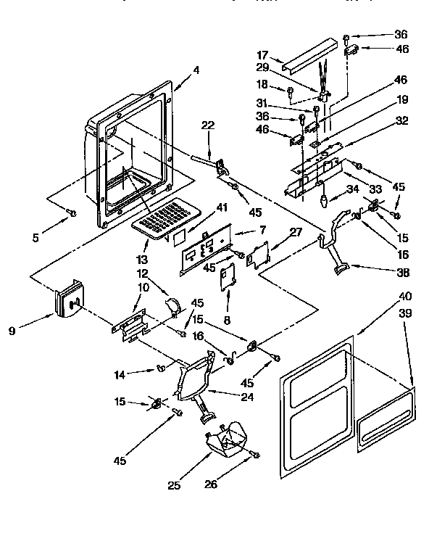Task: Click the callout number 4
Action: [196, 70]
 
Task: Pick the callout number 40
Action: [405, 296]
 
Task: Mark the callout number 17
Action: [262, 54]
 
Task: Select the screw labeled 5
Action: [72, 212]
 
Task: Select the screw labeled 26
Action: [255, 454]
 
